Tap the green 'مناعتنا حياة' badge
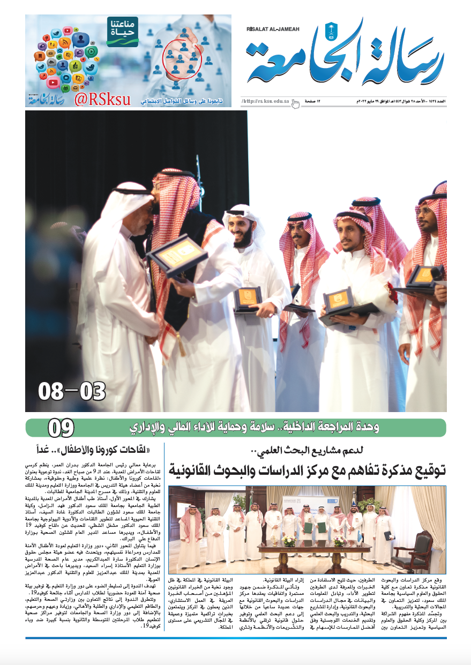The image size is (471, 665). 123,31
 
